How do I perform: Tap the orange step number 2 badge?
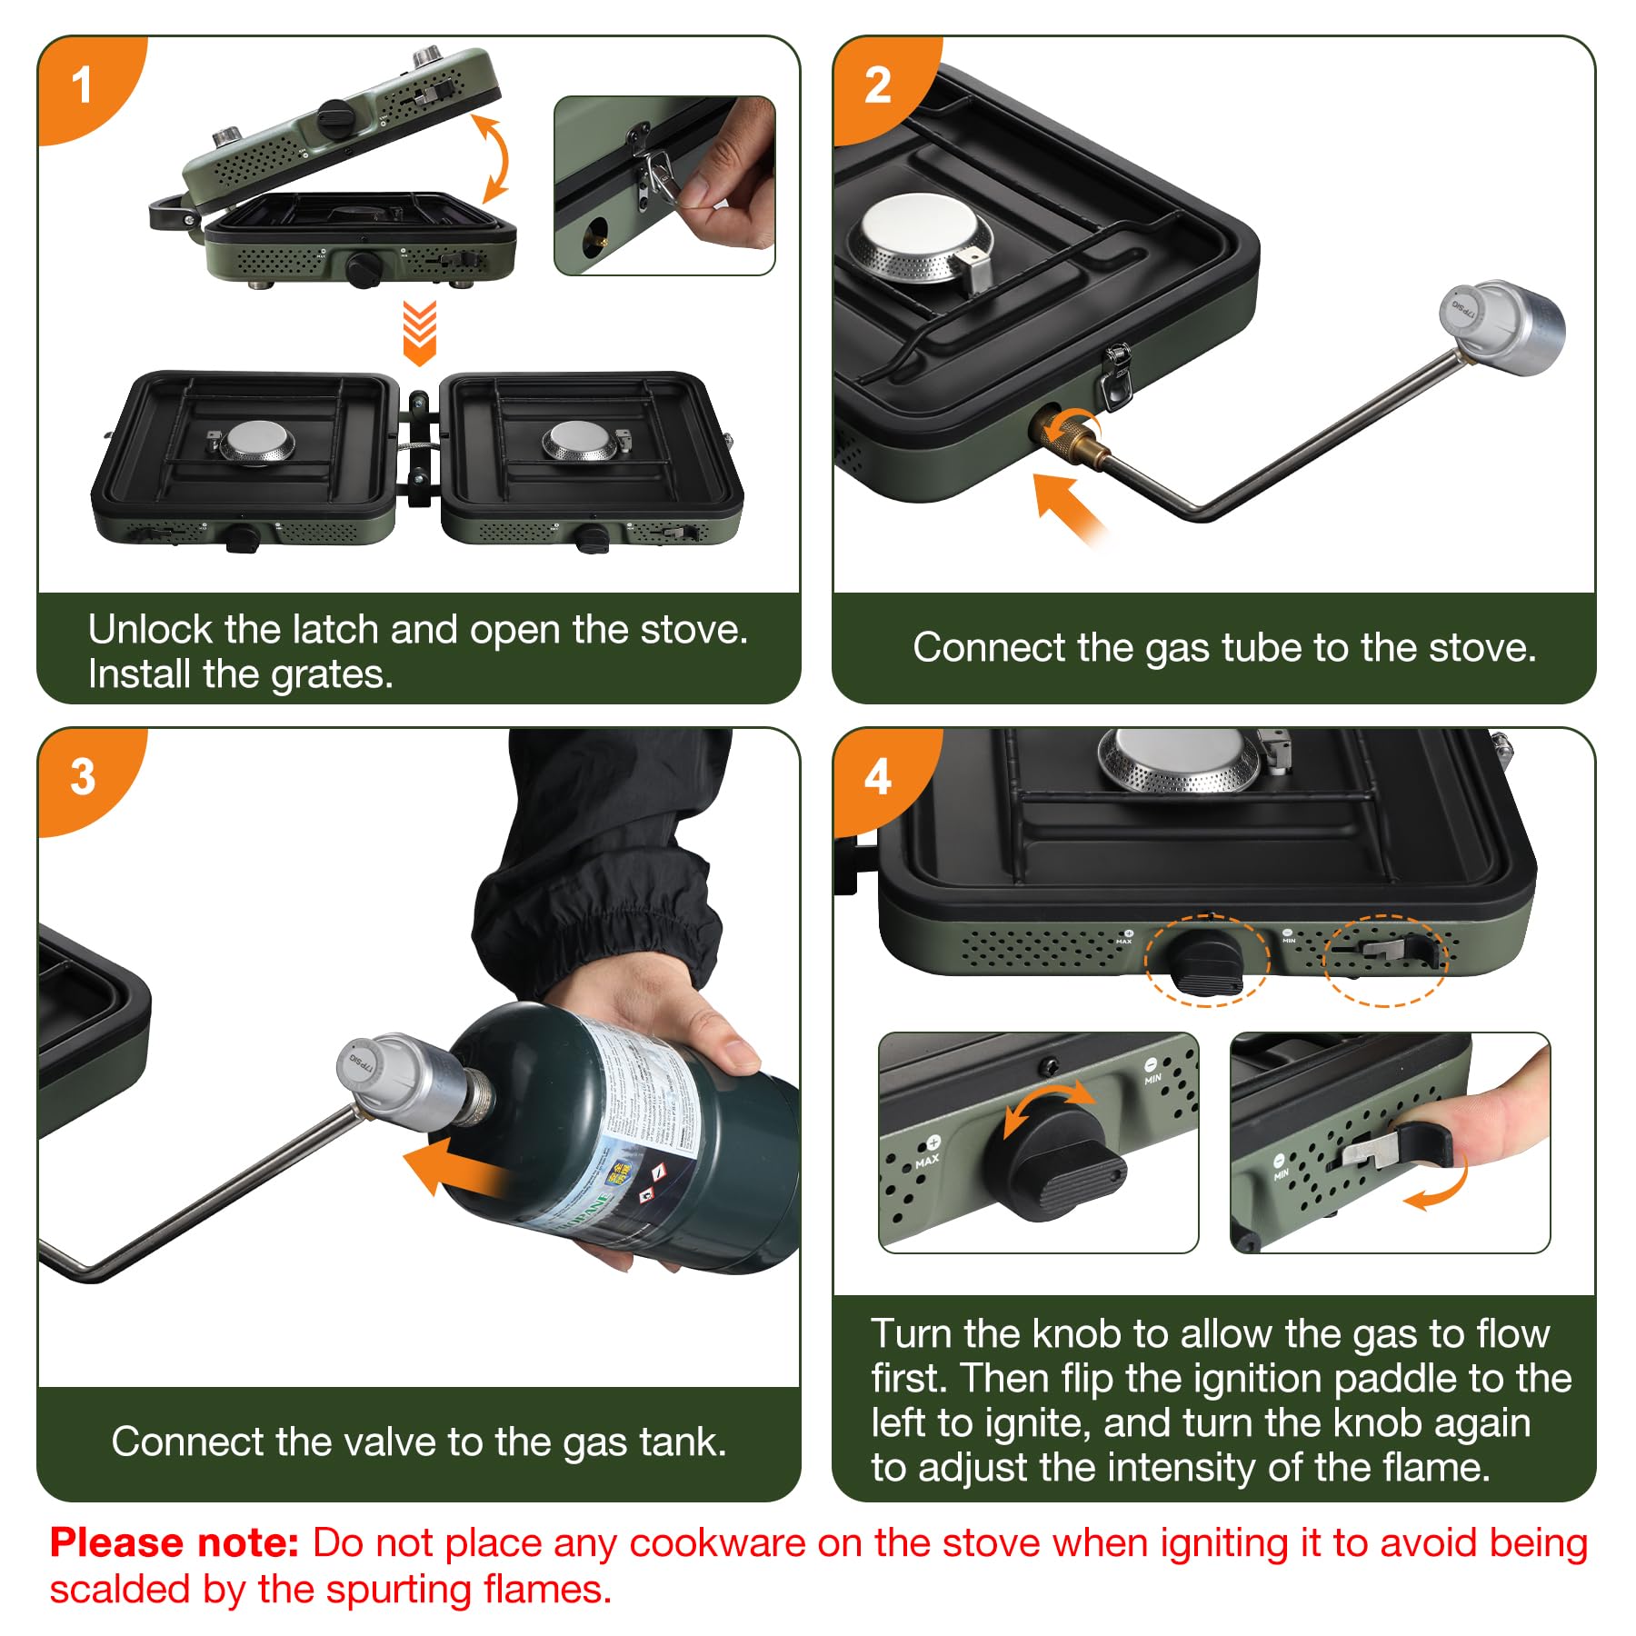(878, 86)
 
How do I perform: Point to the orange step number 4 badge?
(878, 778)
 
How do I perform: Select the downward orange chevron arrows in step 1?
(419, 333)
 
